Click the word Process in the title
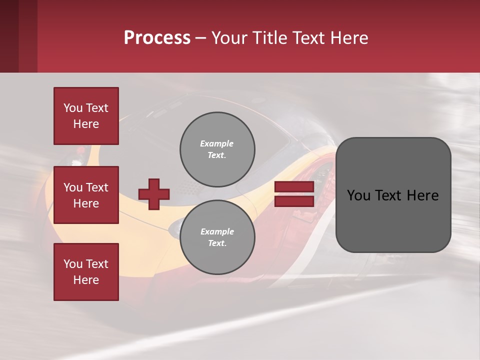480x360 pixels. pos(157,38)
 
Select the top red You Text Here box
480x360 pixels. pos(86,116)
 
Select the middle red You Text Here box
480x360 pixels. pos(86,195)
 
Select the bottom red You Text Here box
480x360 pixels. pos(86,272)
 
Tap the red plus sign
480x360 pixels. pos(154,194)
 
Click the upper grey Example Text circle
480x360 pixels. pos(217,149)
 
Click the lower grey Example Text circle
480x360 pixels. pos(217,237)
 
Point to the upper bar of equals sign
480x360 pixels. pos(294,187)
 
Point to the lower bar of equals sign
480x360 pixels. pos(294,201)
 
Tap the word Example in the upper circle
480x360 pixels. pos(217,143)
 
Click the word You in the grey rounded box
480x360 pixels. pos(358,195)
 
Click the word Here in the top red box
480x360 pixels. pos(86,124)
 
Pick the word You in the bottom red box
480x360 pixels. pos(73,264)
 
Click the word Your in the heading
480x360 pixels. pos(229,38)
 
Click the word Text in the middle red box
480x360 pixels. pos(97,187)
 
